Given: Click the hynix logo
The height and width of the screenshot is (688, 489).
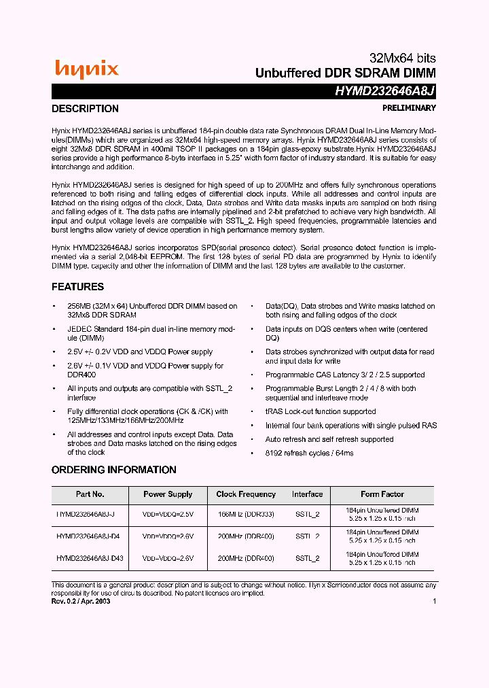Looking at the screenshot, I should pyautogui.click(x=86, y=69).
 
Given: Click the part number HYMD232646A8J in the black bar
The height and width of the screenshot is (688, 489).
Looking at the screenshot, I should pyautogui.click(x=385, y=91).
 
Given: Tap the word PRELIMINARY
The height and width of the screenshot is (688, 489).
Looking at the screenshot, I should pyautogui.click(x=409, y=108).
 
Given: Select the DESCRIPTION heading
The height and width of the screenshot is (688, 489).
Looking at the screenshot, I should pyautogui.click(x=85, y=109).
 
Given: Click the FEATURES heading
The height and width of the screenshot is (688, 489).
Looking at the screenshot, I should pyautogui.click(x=78, y=287).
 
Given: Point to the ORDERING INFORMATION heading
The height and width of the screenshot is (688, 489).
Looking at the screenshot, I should pyautogui.click(x=113, y=470).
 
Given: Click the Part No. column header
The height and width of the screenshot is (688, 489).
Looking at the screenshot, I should pyautogui.click(x=90, y=494).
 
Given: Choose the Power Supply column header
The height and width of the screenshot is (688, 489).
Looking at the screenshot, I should pyautogui.click(x=168, y=494).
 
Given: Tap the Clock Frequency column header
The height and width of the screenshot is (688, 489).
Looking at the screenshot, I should pyautogui.click(x=246, y=494).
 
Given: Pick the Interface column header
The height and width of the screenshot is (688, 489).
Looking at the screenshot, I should pyautogui.click(x=307, y=494).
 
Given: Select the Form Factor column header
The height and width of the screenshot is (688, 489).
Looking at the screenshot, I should pyautogui.click(x=382, y=494).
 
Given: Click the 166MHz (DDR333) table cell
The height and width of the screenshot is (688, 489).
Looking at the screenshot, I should pyautogui.click(x=246, y=514).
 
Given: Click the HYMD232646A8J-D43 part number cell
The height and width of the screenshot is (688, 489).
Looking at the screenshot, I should pyautogui.click(x=90, y=558).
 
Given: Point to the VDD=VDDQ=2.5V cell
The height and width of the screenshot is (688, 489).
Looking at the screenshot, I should pyautogui.click(x=168, y=514).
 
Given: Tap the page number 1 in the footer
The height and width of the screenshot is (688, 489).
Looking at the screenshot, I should pyautogui.click(x=434, y=601).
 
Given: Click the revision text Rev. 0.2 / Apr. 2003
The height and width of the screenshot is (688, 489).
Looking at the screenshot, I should pyautogui.click(x=81, y=601).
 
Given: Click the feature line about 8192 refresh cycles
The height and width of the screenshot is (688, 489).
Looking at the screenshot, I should pyautogui.click(x=310, y=453).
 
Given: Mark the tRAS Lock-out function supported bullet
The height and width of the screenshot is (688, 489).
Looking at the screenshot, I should pyautogui.click(x=321, y=411).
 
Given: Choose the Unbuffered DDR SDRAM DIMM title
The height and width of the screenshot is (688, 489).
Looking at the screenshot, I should pyautogui.click(x=345, y=73).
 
